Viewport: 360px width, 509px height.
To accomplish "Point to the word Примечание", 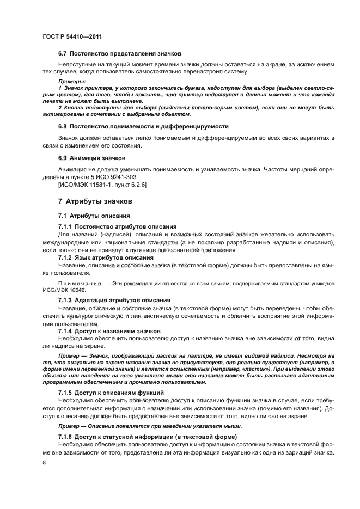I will tap(80, 284).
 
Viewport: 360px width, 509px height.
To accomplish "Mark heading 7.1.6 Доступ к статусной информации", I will tap(147, 437).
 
